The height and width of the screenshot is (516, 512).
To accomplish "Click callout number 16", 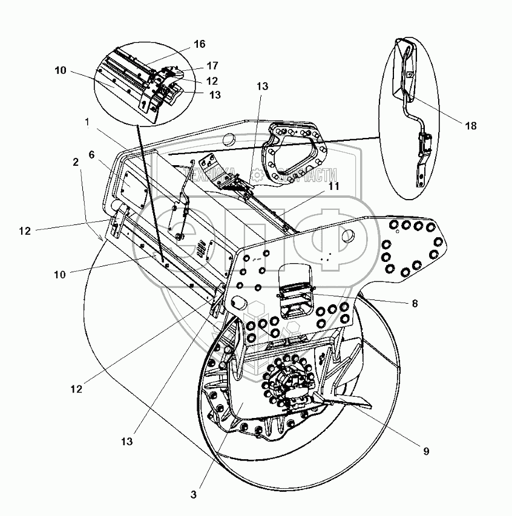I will (200, 44).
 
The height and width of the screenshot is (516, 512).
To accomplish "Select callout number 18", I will (471, 126).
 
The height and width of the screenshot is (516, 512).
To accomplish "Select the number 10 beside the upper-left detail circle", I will (60, 71).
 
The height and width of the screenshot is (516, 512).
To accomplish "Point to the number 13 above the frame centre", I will (262, 87).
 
